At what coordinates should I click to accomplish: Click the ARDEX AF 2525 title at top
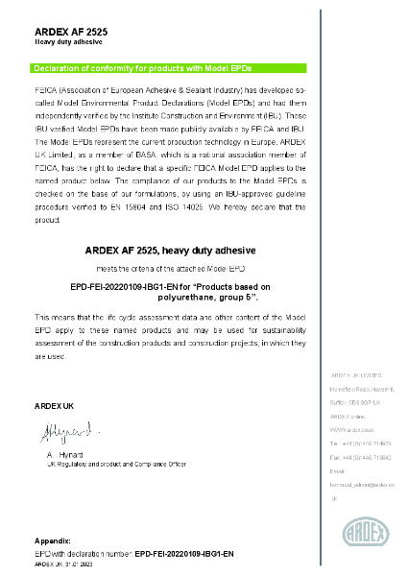click(x=71, y=33)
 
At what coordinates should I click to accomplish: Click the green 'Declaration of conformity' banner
click(x=170, y=68)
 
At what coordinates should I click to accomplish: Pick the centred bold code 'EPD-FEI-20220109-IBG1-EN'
click(x=130, y=286)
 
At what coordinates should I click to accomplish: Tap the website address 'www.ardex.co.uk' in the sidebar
click(x=344, y=431)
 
